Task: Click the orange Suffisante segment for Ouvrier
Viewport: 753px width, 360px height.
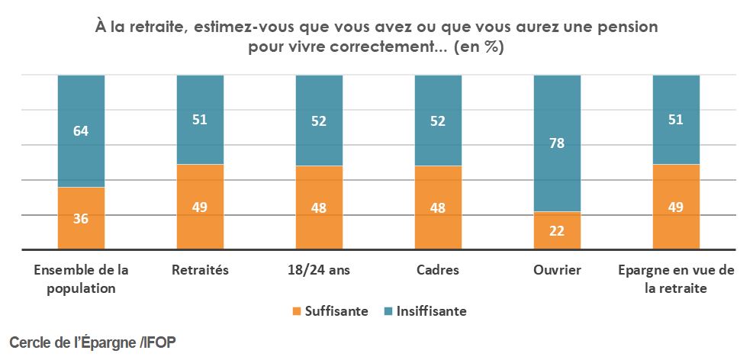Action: (557, 230)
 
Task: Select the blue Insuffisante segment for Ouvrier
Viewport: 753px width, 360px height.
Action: (557, 143)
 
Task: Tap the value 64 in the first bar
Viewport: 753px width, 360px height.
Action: (81, 130)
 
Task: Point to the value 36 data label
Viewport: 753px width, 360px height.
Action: (81, 218)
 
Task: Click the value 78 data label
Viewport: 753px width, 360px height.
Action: (557, 143)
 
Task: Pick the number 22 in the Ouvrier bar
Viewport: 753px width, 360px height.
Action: (557, 231)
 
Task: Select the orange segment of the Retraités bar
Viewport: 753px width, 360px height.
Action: (200, 207)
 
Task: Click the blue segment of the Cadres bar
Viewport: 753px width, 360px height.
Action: (438, 120)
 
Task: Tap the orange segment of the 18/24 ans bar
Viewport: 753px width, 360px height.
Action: (319, 207)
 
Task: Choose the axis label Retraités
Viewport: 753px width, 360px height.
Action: (200, 270)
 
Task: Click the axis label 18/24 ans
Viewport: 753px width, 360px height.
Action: (319, 270)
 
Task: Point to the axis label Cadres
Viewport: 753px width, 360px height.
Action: (438, 270)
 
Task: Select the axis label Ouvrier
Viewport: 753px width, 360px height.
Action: (557, 270)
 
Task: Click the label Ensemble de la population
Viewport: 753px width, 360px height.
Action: (81, 278)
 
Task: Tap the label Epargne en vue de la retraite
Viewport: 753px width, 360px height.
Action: (676, 278)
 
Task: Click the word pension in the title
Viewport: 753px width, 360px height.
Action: (629, 27)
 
